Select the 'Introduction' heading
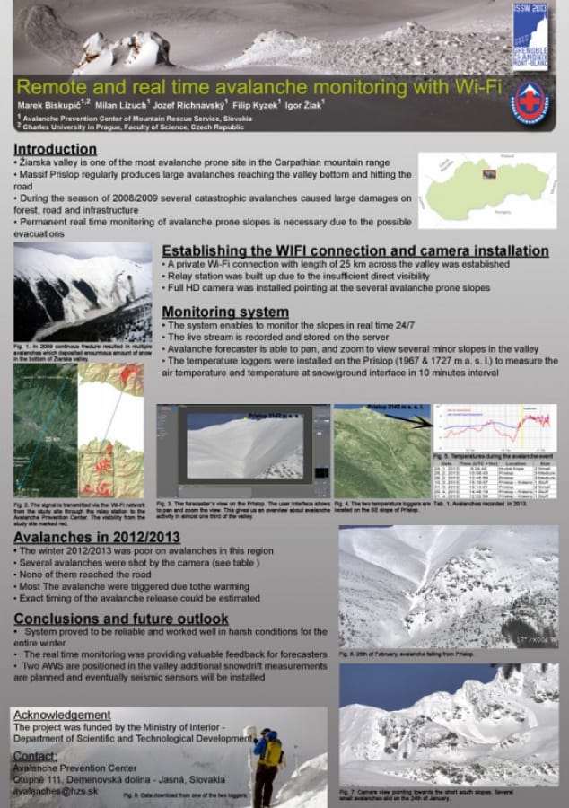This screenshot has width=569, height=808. click(55, 149)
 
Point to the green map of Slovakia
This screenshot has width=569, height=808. click(487, 189)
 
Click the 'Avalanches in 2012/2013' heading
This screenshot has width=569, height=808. click(90, 537)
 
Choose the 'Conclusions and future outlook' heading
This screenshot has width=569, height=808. click(121, 619)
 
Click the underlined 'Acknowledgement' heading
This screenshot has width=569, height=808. click(62, 715)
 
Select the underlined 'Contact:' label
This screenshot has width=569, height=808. click(35, 756)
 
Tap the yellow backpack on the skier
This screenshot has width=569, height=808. click(270, 751)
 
